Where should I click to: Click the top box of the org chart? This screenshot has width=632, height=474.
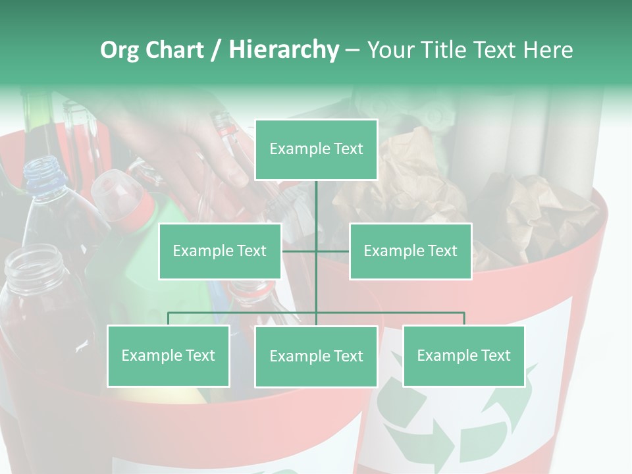(x=316, y=149)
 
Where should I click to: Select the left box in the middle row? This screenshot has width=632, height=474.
(x=220, y=251)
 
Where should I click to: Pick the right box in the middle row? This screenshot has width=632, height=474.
(x=410, y=251)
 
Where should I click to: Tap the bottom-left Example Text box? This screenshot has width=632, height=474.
(x=169, y=355)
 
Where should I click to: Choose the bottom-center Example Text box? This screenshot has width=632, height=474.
(x=316, y=356)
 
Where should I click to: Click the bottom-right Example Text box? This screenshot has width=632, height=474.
(x=463, y=355)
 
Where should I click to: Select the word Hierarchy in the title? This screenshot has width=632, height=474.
(x=284, y=50)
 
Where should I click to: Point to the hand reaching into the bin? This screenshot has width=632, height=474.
(x=197, y=151)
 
